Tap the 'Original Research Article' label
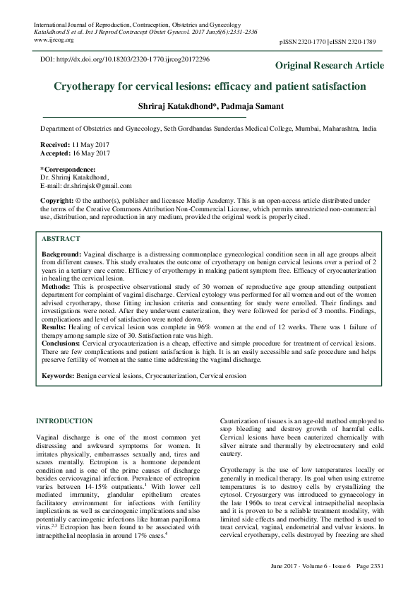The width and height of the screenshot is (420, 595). pyautogui.click(x=329, y=66)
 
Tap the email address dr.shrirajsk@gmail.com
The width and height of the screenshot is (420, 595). pyautogui.click(x=97, y=186)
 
